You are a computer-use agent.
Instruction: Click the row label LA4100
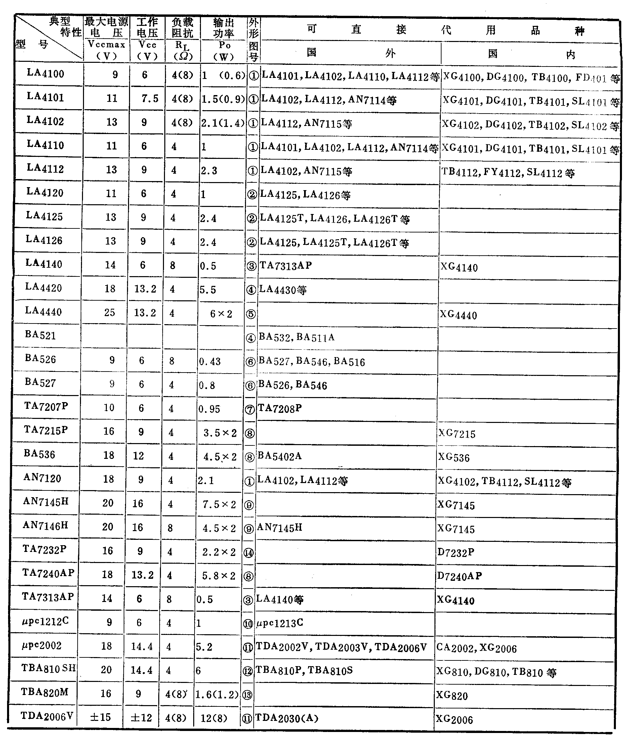pos(45,74)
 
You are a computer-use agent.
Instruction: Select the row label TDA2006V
pos(47,716)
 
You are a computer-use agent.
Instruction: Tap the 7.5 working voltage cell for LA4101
pos(150,98)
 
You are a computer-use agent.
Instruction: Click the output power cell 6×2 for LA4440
pos(221,313)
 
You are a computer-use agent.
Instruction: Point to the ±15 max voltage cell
pos(100,717)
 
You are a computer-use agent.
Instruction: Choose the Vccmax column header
pos(107,50)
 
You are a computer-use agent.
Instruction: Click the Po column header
pos(224,51)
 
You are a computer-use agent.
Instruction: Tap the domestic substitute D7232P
pos(456,552)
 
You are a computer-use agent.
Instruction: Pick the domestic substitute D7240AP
pos(459,576)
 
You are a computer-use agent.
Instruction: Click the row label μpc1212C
pos(45,621)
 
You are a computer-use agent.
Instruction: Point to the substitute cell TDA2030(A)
pos(287,718)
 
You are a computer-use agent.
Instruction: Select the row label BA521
pos(40,335)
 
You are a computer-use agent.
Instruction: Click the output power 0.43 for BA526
pos(210,361)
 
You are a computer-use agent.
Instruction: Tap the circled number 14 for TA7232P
pos(248,553)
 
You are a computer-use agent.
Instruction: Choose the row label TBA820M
pos(45,692)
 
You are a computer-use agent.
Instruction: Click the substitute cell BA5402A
pos(280,456)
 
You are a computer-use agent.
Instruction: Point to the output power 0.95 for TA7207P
pos(209,409)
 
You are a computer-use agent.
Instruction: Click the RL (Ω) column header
pos(183,50)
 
